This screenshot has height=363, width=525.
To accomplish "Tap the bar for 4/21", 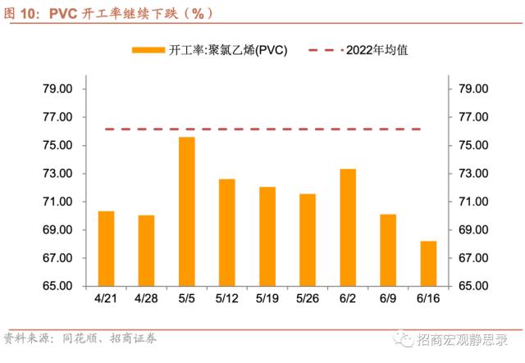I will (x=107, y=248).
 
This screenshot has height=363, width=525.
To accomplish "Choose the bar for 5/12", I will (x=227, y=233).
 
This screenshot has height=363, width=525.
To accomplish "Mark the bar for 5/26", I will (x=308, y=240).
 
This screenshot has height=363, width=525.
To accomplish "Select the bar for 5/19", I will (x=267, y=237).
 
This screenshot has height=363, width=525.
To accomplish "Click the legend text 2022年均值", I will (x=377, y=50).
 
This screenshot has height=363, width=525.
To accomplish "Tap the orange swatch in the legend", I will (x=148, y=50).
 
